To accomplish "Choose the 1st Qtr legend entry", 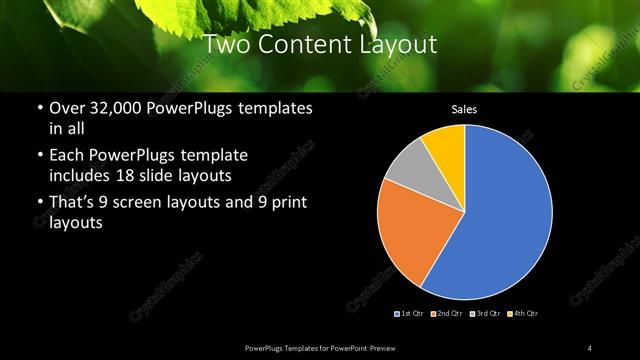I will [x=411, y=314].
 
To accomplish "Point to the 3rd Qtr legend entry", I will [x=487, y=314].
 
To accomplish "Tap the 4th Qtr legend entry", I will [x=525, y=314].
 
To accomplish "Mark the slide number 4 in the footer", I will [x=590, y=348].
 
